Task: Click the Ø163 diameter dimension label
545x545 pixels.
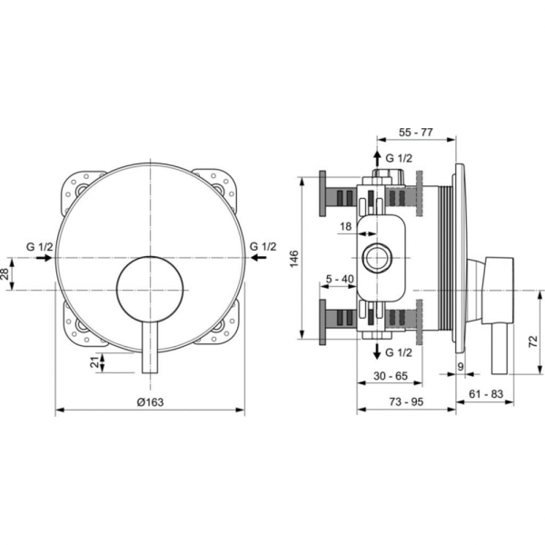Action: [x=150, y=399]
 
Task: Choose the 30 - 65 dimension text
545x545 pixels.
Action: [x=391, y=375]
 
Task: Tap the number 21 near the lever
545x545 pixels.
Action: [x=94, y=362]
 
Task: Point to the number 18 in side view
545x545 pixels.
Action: [x=347, y=225]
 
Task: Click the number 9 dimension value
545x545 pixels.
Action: [x=461, y=367]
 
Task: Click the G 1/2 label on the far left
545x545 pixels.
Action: [x=39, y=246]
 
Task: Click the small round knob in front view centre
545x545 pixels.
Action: [x=150, y=288]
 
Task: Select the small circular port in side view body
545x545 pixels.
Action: [x=376, y=259]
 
